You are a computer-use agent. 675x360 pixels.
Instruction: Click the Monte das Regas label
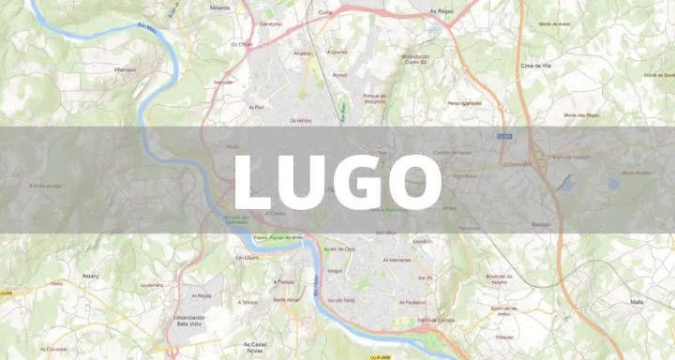tap(581, 115)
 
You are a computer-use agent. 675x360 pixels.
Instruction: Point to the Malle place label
tap(637, 302)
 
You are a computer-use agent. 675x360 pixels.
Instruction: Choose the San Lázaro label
tap(247, 257)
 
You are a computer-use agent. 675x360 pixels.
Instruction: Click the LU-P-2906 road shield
tap(380, 356)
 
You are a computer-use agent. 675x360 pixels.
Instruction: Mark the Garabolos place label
tap(270, 22)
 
